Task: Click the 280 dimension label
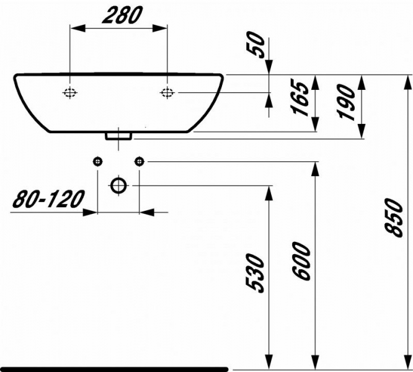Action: pos(123,15)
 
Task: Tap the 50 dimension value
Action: pos(255,45)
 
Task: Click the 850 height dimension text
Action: pos(394,218)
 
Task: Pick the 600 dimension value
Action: pos(301,261)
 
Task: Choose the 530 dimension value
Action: pos(255,273)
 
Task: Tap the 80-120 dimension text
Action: pos(48,199)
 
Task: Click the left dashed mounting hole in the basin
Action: pos(70,92)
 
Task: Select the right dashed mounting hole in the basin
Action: pos(167,92)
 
